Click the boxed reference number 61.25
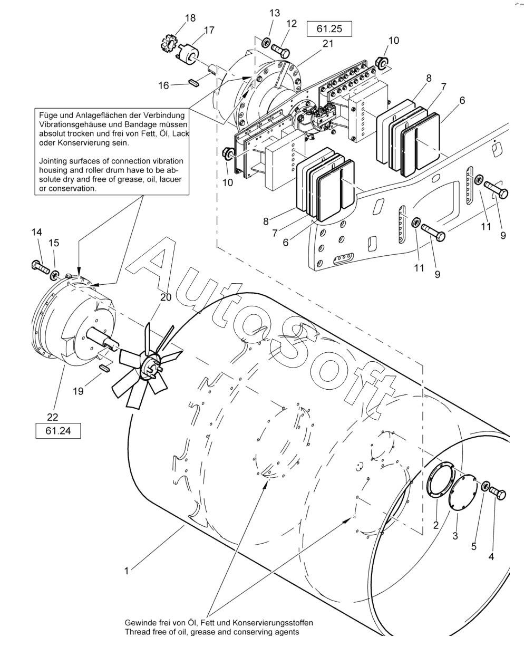pyautogui.click(x=329, y=29)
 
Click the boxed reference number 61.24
pyautogui.click(x=58, y=431)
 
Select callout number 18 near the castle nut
pyautogui.click(x=190, y=18)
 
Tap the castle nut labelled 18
pyautogui.click(x=168, y=43)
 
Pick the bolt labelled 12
pyautogui.click(x=280, y=50)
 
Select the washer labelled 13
pyautogui.click(x=266, y=42)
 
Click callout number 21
pyautogui.click(x=328, y=44)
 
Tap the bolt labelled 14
pyautogui.click(x=40, y=266)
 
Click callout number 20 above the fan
pyautogui.click(x=166, y=297)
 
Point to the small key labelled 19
pyautogui.click(x=104, y=367)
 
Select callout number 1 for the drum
pyautogui.click(x=127, y=571)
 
